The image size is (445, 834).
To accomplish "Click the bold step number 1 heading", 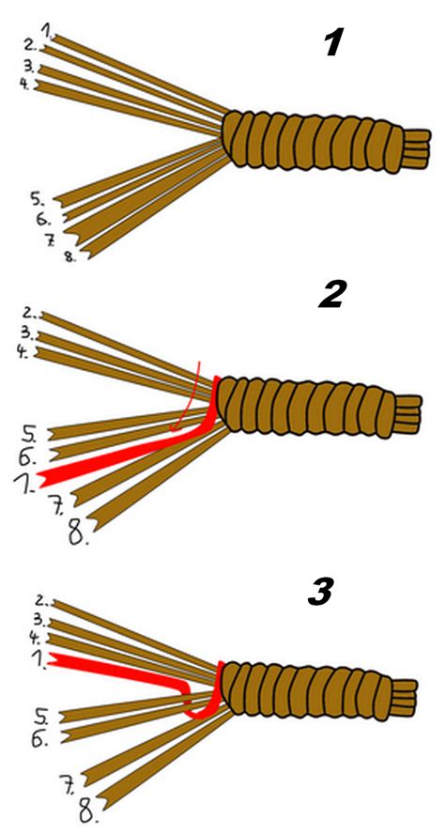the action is pos(333,42).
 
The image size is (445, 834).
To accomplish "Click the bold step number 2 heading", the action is pos(332,294).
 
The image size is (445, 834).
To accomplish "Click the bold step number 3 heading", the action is pos(322,592).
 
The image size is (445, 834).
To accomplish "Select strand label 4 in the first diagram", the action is pos(26,84).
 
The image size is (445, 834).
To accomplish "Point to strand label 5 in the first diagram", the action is pos(38,199).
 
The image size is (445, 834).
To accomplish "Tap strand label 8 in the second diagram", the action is pos(79,533).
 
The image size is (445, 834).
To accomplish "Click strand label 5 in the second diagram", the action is pos(30,434).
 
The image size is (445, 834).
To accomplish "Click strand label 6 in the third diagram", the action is pos(39,738).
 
